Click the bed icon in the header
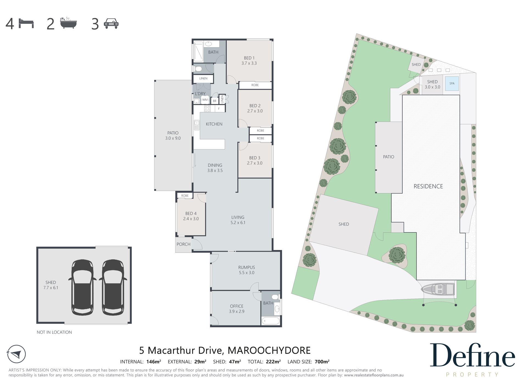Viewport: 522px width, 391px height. pos(26,23)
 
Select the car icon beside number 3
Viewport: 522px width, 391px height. pos(111,24)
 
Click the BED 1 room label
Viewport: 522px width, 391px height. pos(249,61)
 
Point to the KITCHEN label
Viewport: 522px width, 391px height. pos(214,124)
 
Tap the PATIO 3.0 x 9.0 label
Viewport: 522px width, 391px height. pos(173,136)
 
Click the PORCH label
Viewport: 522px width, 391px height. pos(183,244)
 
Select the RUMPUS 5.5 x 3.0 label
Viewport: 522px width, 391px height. pos(246,270)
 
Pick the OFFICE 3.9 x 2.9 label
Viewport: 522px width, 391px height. pos(237,309)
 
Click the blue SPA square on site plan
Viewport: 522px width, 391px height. pos(452,83)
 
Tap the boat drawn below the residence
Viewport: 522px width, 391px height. pos(438,289)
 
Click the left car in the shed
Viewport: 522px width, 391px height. pos(82,287)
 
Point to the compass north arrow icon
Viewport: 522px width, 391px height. pos(16,354)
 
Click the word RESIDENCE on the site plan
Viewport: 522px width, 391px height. pos(428,186)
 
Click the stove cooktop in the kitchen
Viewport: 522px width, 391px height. pos(207,109)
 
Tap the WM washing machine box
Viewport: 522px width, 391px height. pos(205,100)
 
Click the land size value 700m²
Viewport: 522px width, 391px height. pos(322,362)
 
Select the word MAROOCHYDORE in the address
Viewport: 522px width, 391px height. pos(269,350)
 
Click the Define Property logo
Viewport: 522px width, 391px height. pos(472,359)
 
